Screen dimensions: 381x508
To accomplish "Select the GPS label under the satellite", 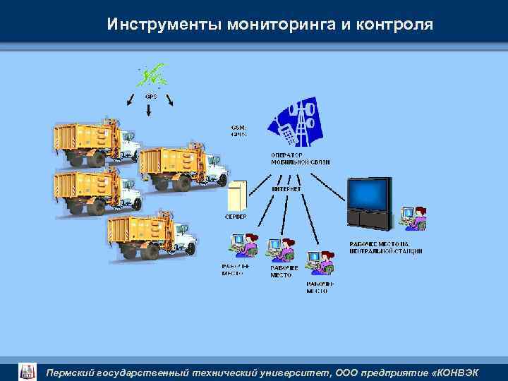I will [150, 95].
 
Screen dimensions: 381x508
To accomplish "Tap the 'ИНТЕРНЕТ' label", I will [286, 189].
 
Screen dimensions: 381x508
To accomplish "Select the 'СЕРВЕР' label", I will [236, 217].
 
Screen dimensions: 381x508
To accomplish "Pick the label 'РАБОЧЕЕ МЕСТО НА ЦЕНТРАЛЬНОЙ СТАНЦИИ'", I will [386, 247].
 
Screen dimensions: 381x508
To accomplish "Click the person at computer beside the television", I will [413, 218].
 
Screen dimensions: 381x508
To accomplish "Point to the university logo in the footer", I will [27, 371].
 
